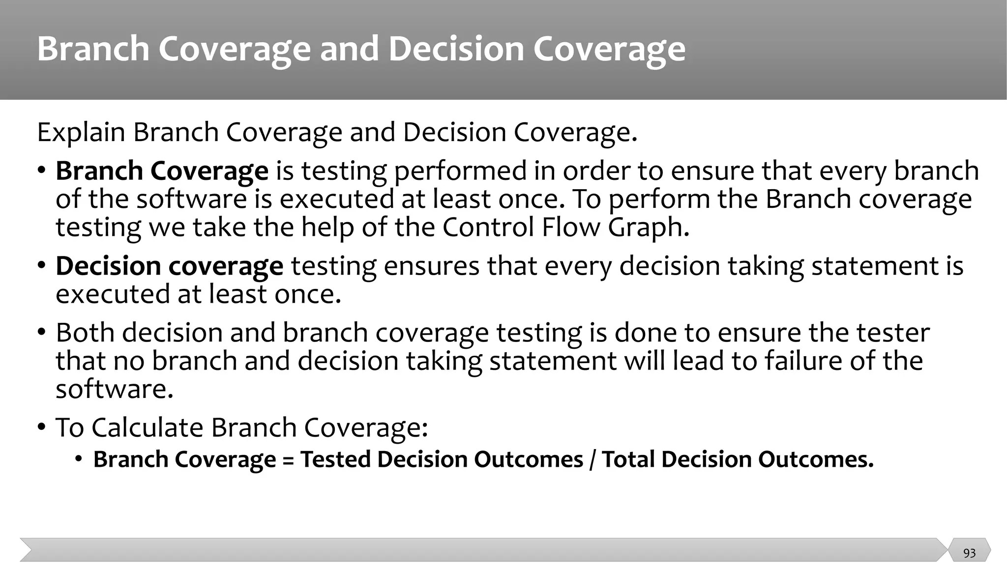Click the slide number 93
pyautogui.click(x=969, y=553)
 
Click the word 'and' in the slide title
pyautogui.click(x=349, y=49)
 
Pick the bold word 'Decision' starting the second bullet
pyautogui.click(x=108, y=266)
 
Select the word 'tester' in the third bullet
pyautogui.click(x=893, y=333)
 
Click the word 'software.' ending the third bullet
pyautogui.click(x=115, y=389)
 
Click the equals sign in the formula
pyautogui.click(x=288, y=460)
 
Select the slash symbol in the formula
pyautogui.click(x=592, y=460)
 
